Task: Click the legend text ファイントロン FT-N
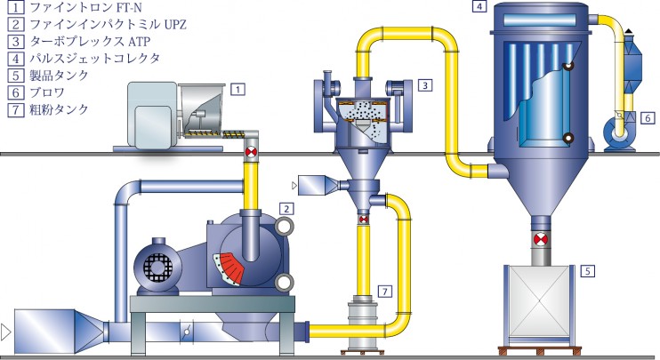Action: (x=86, y=8)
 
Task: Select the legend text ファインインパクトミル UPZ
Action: (x=109, y=24)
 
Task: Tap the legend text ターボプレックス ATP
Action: (x=90, y=41)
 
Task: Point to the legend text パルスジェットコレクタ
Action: (x=94, y=58)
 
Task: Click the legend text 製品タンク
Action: (x=59, y=76)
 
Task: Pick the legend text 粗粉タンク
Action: (x=59, y=109)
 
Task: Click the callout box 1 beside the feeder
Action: (x=237, y=89)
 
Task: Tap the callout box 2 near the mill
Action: (x=286, y=209)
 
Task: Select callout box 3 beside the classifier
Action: (x=424, y=85)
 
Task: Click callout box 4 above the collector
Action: (x=479, y=6)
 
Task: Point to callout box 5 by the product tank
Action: (x=588, y=271)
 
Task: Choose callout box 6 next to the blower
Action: (x=648, y=118)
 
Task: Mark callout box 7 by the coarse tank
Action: (x=385, y=291)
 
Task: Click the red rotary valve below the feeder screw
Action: (x=251, y=153)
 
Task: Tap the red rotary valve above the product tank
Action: (x=540, y=240)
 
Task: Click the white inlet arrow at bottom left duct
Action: (x=5, y=332)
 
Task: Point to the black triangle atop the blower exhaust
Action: (x=629, y=31)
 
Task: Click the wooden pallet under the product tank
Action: (x=540, y=350)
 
